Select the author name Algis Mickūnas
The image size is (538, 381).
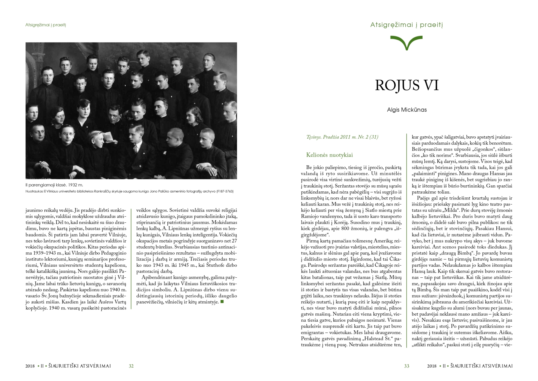(x=406, y=110)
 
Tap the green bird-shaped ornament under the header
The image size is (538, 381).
(x=406, y=42)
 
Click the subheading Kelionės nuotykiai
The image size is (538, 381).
(x=329, y=155)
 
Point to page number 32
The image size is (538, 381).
(x=131, y=366)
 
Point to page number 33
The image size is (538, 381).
(x=406, y=366)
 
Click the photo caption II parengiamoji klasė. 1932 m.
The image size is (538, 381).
(x=54, y=185)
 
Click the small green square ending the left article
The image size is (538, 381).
(x=222, y=302)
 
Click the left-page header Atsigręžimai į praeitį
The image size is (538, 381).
(x=46, y=25)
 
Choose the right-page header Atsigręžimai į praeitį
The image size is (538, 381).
(x=406, y=25)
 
